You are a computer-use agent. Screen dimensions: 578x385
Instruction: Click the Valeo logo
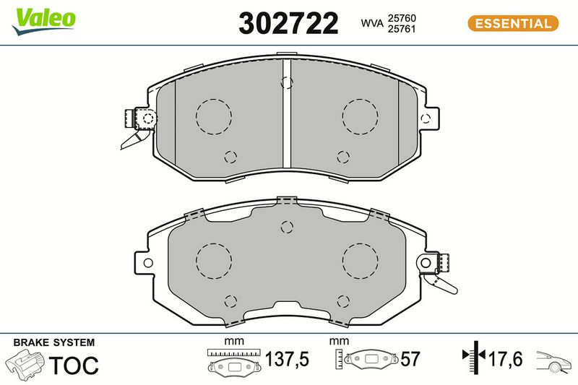[43, 21]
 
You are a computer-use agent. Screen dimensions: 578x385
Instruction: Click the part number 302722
[288, 23]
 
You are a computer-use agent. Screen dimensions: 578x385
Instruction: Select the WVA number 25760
[402, 18]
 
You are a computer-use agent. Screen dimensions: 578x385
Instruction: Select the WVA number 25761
[402, 29]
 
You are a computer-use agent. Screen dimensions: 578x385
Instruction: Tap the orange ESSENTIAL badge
[513, 24]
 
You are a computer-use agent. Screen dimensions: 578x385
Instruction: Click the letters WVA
[372, 23]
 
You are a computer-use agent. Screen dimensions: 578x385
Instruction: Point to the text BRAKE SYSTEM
[54, 342]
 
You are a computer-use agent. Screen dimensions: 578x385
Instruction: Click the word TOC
[74, 365]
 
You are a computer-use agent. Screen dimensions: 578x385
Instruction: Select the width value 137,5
[287, 359]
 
